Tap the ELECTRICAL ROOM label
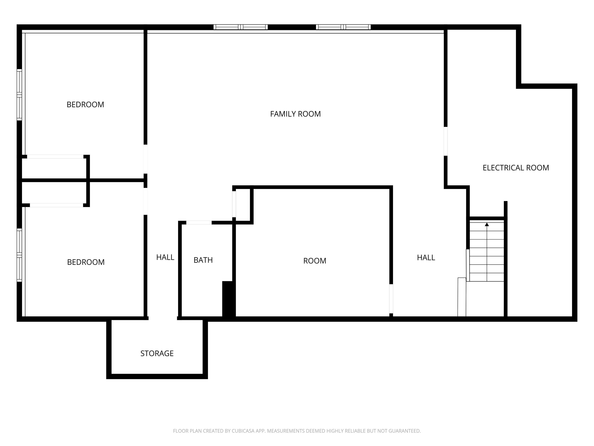pyautogui.click(x=515, y=168)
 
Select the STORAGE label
pyautogui.click(x=157, y=353)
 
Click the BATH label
pyautogui.click(x=203, y=260)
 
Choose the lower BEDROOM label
pyautogui.click(x=86, y=262)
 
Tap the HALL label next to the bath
pyautogui.click(x=165, y=257)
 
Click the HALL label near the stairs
pyautogui.click(x=426, y=257)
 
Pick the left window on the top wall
pyautogui.click(x=241, y=27)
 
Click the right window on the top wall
pyautogui.click(x=343, y=27)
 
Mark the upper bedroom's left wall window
pyautogui.click(x=19, y=95)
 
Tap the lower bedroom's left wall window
pyautogui.click(x=19, y=255)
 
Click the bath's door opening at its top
pyautogui.click(x=199, y=223)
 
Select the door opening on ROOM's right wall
pyautogui.click(x=391, y=299)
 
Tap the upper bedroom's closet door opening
pyautogui.click(x=55, y=156)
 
